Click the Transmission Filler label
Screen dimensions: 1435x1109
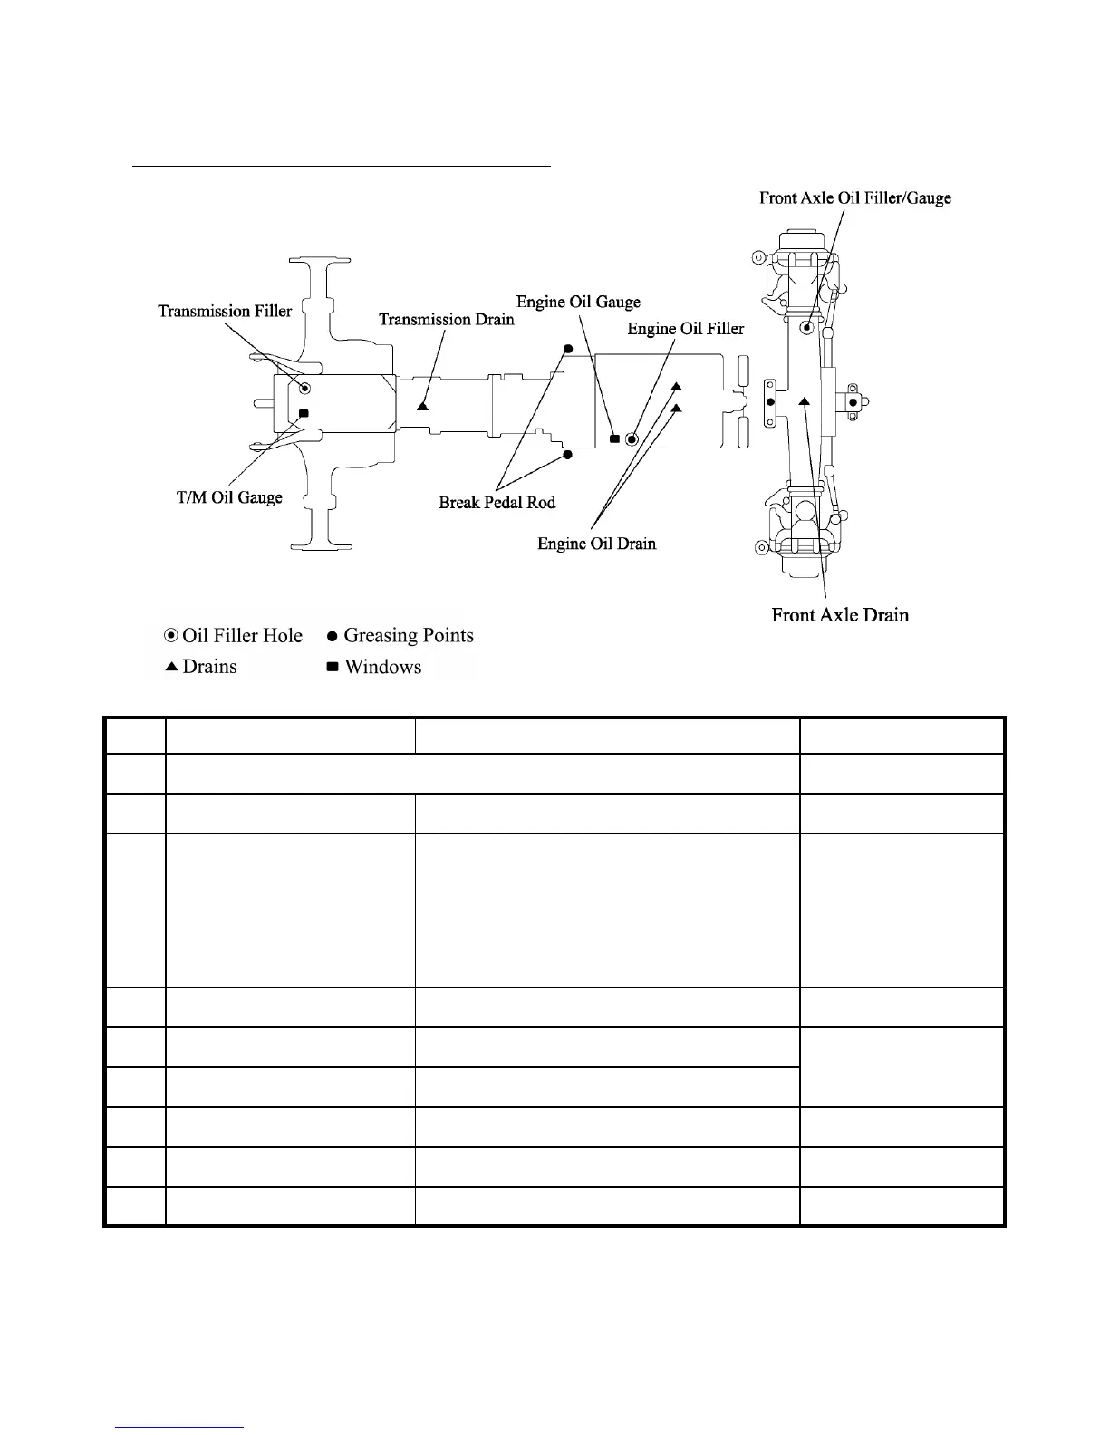[225, 312]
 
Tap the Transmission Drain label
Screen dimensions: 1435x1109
[446, 320]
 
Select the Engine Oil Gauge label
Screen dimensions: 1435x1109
[578, 303]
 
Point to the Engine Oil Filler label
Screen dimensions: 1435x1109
[685, 329]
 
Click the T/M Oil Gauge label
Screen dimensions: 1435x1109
[229, 498]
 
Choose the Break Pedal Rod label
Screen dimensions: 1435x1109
[497, 503]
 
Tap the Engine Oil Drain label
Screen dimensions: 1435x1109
[596, 544]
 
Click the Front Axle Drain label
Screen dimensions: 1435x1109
[840, 615]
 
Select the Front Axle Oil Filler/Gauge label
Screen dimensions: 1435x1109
[854, 197]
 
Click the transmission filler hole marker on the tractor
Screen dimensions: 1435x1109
[305, 389]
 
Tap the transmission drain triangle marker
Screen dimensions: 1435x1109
[423, 406]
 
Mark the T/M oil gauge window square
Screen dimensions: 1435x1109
[304, 414]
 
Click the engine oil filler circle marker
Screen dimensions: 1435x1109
[632, 439]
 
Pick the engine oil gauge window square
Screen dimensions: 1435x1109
[614, 439]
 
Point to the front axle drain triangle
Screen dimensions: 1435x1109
[804, 400]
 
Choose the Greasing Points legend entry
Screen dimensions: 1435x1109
[400, 636]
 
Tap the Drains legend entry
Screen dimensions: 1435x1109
[201, 667]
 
